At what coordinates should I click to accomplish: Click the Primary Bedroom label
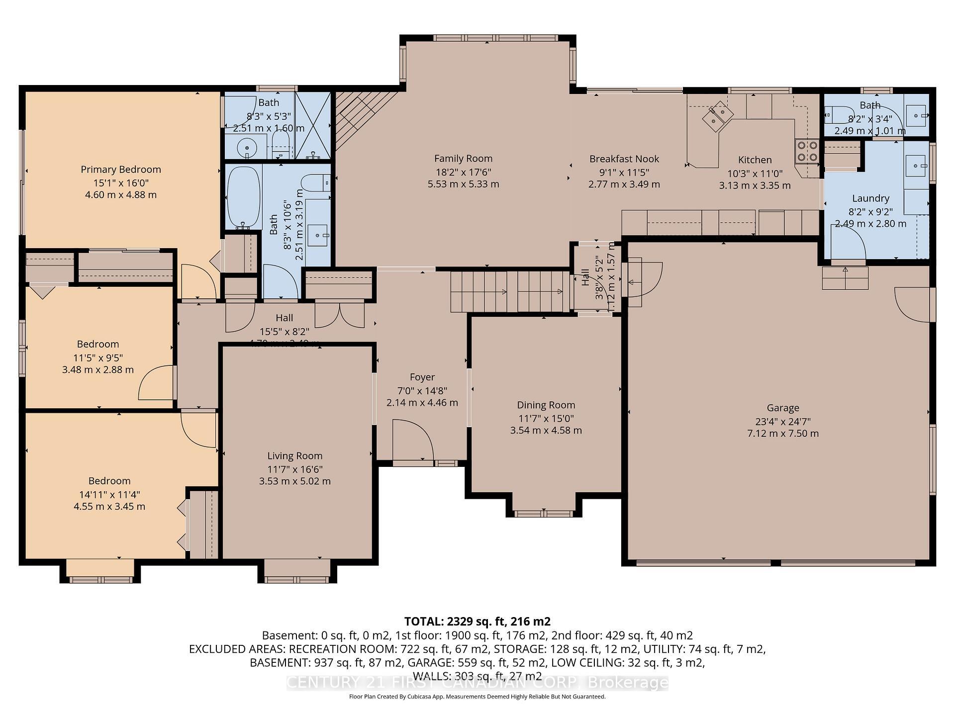[121, 170]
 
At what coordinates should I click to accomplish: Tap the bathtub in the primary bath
[244, 197]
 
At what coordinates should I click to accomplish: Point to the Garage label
[783, 408]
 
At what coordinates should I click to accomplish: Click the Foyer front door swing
[413, 440]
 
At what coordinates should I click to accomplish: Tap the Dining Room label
[546, 405]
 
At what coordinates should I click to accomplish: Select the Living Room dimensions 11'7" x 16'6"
[295, 469]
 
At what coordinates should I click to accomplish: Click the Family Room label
[463, 159]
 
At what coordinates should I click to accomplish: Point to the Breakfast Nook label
[624, 159]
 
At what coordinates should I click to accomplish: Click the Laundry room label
[870, 198]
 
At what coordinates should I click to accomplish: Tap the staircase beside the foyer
[510, 291]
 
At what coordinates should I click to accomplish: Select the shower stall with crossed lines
[313, 125]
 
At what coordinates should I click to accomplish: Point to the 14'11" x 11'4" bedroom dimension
[109, 494]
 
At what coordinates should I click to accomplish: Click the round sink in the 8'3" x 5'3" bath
[245, 148]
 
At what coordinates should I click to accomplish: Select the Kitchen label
[755, 160]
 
